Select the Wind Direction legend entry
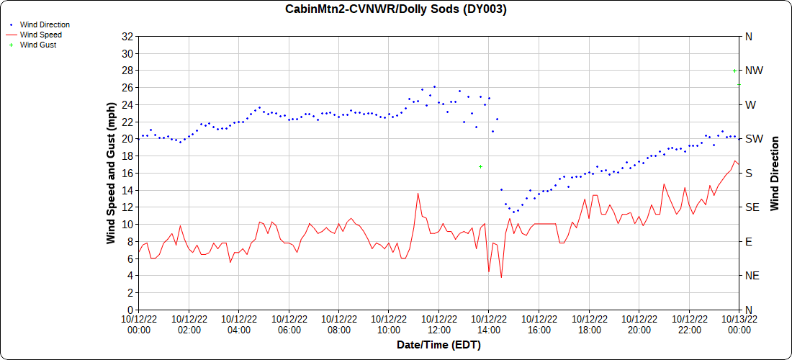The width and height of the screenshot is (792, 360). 45,24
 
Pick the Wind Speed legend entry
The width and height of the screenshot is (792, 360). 40,35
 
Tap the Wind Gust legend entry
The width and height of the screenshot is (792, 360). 37,45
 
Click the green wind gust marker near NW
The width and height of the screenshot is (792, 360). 734,71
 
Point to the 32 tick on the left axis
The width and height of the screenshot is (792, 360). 129,36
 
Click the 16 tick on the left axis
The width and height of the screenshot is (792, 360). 129,173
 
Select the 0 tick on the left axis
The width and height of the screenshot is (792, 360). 132,310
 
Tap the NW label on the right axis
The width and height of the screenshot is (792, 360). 754,71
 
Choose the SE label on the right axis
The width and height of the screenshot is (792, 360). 752,207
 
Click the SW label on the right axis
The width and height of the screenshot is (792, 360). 753,139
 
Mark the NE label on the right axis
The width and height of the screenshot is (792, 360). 752,276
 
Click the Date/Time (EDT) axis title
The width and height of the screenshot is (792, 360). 438,345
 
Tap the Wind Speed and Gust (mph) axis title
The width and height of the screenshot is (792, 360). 112,173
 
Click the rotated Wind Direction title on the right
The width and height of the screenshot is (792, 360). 775,173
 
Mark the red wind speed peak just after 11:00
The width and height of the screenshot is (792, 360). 418,192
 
